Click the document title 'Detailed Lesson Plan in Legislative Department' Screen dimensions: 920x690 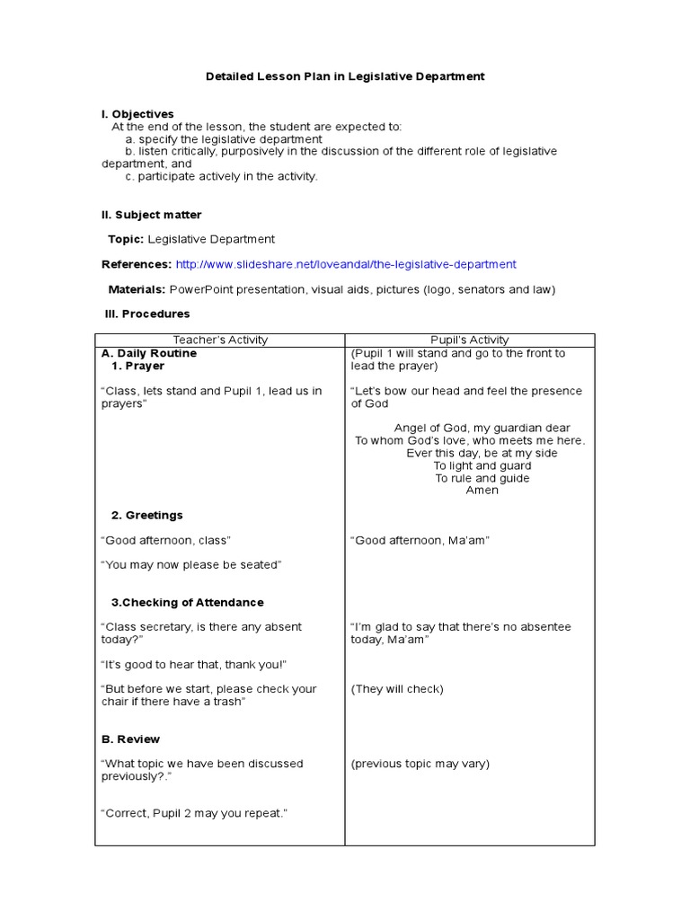346,76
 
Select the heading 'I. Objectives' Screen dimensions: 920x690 137,114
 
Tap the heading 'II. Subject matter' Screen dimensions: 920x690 151,215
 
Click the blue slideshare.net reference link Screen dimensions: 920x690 346,264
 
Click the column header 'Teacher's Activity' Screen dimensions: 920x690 220,340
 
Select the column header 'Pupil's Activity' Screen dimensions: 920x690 469,340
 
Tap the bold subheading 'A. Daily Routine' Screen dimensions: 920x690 149,353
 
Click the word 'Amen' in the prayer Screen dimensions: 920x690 482,491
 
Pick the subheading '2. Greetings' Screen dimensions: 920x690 146,515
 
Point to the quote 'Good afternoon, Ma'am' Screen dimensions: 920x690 420,540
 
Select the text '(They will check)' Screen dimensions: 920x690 397,689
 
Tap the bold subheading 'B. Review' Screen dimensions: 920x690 130,739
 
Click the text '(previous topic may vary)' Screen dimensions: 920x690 420,764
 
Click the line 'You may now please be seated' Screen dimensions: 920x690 191,564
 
